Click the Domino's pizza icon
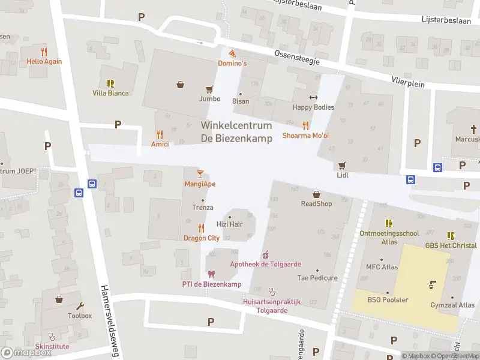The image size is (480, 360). pyautogui.click(x=232, y=54)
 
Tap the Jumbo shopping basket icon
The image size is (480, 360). pyautogui.click(x=180, y=85)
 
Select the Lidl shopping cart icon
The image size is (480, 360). pyautogui.click(x=343, y=165)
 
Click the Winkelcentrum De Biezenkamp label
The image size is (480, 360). pyautogui.click(x=236, y=132)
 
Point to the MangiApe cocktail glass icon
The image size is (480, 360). pyautogui.click(x=200, y=174)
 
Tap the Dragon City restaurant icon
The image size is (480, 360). pyautogui.click(x=201, y=227)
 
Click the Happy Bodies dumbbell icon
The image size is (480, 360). pyautogui.click(x=313, y=97)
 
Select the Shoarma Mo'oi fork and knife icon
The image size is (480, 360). pyautogui.click(x=305, y=125)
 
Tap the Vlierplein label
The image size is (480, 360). pyautogui.click(x=407, y=81)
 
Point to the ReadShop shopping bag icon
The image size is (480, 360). pyautogui.click(x=316, y=194)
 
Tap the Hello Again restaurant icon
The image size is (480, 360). pyautogui.click(x=44, y=52)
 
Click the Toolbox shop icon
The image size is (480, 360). pyautogui.click(x=59, y=299)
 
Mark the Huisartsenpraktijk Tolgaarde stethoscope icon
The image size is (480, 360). pyautogui.click(x=271, y=292)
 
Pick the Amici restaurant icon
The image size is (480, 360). pyautogui.click(x=160, y=134)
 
